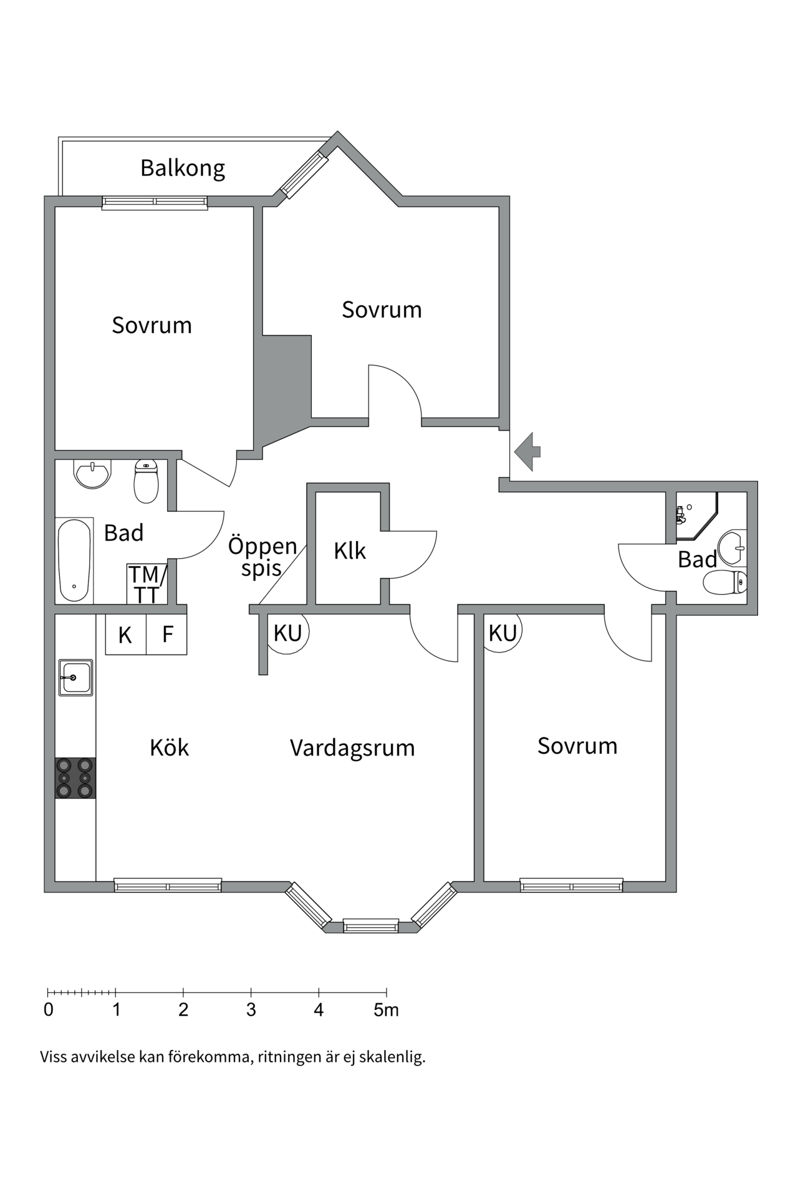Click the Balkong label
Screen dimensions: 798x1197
(183, 168)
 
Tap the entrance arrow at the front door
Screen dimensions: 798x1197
(527, 451)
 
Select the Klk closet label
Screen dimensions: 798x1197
(350, 551)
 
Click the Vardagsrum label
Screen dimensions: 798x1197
(352, 748)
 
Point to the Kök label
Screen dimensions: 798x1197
(169, 748)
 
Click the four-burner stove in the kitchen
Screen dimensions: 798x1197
(75, 777)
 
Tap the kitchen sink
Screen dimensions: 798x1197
(75, 677)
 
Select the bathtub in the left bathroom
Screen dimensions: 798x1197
(74, 560)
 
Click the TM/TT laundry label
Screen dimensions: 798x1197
(147, 584)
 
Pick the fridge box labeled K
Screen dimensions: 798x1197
(126, 635)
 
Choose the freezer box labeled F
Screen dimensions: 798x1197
(166, 635)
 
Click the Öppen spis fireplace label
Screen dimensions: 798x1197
(262, 557)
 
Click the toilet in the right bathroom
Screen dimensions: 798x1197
(724, 583)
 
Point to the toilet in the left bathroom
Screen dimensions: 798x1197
(147, 481)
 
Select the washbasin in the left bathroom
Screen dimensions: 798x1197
(92, 474)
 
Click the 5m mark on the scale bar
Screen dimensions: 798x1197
(387, 1009)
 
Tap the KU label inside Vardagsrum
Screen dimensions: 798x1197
(287, 633)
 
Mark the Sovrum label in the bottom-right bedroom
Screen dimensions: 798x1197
(577, 746)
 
